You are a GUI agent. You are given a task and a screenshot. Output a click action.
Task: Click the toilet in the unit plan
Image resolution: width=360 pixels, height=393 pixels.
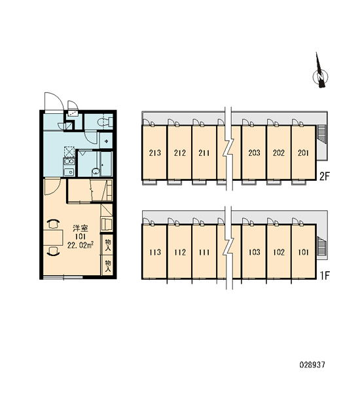[x=105, y=122]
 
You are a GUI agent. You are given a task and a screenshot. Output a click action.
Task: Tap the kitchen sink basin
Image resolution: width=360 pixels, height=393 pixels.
[x=68, y=172]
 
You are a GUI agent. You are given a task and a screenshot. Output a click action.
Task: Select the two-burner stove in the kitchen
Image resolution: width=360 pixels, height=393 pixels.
[x=69, y=161]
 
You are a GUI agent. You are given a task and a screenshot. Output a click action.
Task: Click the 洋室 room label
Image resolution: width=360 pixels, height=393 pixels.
[x=81, y=229]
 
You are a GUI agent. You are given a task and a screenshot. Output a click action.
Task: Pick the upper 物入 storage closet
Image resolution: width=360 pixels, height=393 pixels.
[x=108, y=244]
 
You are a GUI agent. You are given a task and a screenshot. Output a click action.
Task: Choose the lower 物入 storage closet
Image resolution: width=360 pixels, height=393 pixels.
[x=108, y=265]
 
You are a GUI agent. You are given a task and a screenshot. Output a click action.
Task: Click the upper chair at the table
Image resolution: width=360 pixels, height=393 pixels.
[x=54, y=224]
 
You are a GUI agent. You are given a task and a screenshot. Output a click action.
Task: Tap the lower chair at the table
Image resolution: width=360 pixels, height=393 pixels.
[x=54, y=251]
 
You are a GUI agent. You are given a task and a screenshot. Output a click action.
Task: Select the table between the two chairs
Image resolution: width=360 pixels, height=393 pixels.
[x=53, y=237]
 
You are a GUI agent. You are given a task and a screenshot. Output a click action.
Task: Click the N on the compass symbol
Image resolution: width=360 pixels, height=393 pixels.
[x=320, y=77]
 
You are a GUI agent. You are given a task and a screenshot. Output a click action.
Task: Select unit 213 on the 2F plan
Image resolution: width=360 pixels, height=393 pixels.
[x=154, y=153]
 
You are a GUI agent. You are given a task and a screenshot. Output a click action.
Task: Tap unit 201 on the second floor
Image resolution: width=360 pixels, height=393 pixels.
[x=304, y=153]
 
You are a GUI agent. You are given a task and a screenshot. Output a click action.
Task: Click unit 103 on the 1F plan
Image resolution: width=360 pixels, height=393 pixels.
[x=254, y=252]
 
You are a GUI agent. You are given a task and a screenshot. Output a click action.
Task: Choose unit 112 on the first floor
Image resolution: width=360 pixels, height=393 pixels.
[x=179, y=252]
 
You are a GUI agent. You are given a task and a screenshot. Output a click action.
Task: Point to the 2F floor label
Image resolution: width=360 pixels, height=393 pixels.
[x=324, y=177]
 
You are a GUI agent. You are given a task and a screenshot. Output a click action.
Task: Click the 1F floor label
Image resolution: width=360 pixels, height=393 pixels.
[x=324, y=276]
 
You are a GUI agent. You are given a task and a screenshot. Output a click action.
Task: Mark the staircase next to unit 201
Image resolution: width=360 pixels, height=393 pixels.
[x=321, y=134]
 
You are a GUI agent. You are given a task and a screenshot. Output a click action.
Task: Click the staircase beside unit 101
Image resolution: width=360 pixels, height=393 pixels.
[x=321, y=246]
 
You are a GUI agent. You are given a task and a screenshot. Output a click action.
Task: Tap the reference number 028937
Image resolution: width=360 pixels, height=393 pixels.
[x=312, y=364]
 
